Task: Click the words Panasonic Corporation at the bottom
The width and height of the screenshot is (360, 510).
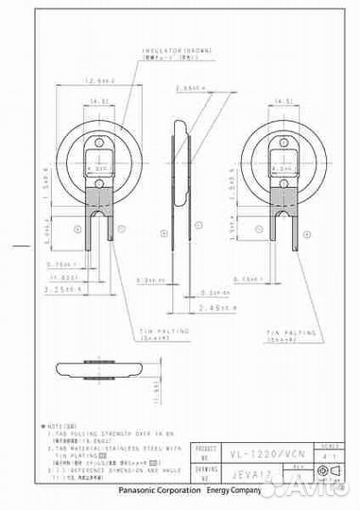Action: click(x=159, y=492)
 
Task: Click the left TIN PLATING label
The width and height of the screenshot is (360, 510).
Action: click(x=164, y=332)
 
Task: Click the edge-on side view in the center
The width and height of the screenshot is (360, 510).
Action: click(x=181, y=179)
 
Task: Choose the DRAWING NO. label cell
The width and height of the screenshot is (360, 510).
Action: click(x=205, y=466)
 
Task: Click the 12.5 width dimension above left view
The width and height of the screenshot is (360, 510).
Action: click(x=98, y=82)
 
